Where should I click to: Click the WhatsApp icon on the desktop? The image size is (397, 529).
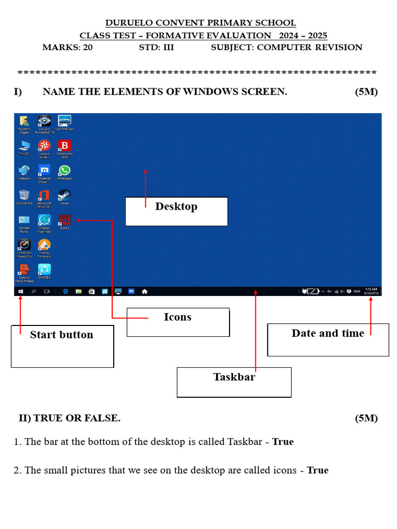click(64, 170)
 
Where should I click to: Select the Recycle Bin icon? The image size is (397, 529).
click(24, 195)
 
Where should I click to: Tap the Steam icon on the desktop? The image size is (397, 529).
click(64, 195)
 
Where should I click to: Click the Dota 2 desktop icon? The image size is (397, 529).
click(64, 220)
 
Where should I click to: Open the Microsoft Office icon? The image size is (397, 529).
click(44, 195)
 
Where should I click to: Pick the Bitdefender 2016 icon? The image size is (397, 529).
click(64, 146)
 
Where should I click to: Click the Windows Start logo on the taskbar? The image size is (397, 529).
click(21, 291)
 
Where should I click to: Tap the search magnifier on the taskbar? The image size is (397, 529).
click(34, 291)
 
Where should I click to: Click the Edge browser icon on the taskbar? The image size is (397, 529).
click(66, 291)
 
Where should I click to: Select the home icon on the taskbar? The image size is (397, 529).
click(145, 291)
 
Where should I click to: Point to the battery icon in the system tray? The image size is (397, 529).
click(312, 291)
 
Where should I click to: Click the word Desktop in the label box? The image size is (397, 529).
click(176, 207)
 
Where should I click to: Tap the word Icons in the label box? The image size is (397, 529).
click(177, 317)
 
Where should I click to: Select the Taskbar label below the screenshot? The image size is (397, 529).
click(234, 377)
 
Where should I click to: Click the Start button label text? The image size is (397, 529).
click(62, 335)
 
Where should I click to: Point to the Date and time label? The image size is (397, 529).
click(328, 333)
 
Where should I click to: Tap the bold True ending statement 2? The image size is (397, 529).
click(317, 470)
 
